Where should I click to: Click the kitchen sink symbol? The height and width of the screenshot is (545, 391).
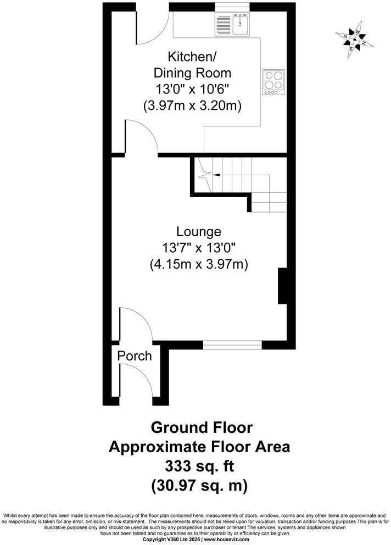(x=232, y=25)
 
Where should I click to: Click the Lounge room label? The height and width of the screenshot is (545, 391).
(x=199, y=232)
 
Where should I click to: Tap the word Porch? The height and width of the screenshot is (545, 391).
(x=135, y=356)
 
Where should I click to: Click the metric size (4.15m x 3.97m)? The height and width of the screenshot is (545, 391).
(x=199, y=264)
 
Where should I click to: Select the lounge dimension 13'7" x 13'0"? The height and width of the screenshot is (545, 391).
(x=199, y=248)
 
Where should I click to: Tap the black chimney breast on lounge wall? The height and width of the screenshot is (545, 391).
(x=283, y=286)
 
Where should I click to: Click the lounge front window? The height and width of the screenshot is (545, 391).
(x=232, y=344)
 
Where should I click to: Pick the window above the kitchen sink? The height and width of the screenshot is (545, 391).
(x=232, y=7)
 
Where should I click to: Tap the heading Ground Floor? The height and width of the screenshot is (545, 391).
(x=202, y=427)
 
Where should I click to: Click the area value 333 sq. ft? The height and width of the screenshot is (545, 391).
(x=200, y=466)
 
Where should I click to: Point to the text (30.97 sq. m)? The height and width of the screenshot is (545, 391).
(x=200, y=485)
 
